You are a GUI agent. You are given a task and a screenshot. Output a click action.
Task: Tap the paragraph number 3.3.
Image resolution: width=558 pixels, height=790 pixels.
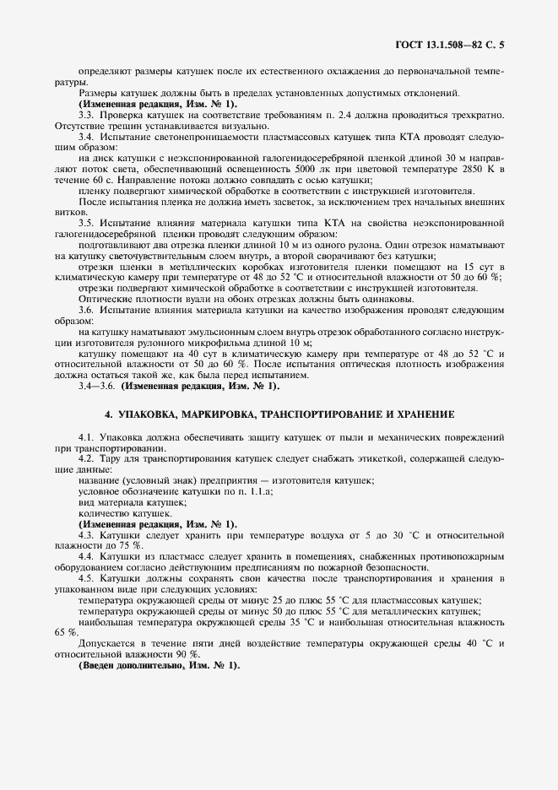pyautogui.click(x=86, y=113)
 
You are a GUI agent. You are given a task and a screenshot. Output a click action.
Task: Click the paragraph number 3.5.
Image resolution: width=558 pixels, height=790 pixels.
pyautogui.click(x=86, y=223)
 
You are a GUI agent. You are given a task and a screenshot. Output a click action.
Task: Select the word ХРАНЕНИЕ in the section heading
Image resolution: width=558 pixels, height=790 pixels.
pyautogui.click(x=423, y=415)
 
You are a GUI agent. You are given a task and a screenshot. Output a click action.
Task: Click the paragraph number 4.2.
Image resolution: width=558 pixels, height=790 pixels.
pyautogui.click(x=86, y=457)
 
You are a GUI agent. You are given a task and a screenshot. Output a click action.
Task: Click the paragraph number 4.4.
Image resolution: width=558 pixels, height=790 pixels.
pyautogui.click(x=86, y=557)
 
